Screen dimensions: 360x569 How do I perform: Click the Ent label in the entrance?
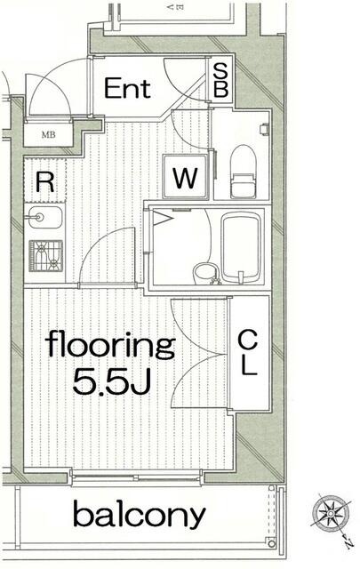[127, 88]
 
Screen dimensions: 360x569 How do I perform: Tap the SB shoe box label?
[220, 80]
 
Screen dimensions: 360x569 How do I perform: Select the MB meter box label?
[49, 135]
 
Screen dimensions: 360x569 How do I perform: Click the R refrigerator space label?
[45, 182]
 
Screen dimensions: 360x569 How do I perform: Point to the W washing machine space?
[186, 177]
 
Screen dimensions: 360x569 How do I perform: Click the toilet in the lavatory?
[244, 172]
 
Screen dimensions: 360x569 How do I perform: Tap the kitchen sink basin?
[45, 217]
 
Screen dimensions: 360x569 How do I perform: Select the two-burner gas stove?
[45, 256]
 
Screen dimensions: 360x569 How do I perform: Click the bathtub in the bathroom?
[241, 248]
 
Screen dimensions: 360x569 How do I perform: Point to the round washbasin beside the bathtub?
[205, 273]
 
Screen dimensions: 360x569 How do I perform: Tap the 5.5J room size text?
[112, 381]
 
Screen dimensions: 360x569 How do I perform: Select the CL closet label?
[248, 353]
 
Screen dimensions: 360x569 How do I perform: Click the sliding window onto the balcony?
[135, 477]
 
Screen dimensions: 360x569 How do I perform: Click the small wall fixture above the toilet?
[265, 129]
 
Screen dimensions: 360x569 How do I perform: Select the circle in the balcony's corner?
[271, 543]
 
